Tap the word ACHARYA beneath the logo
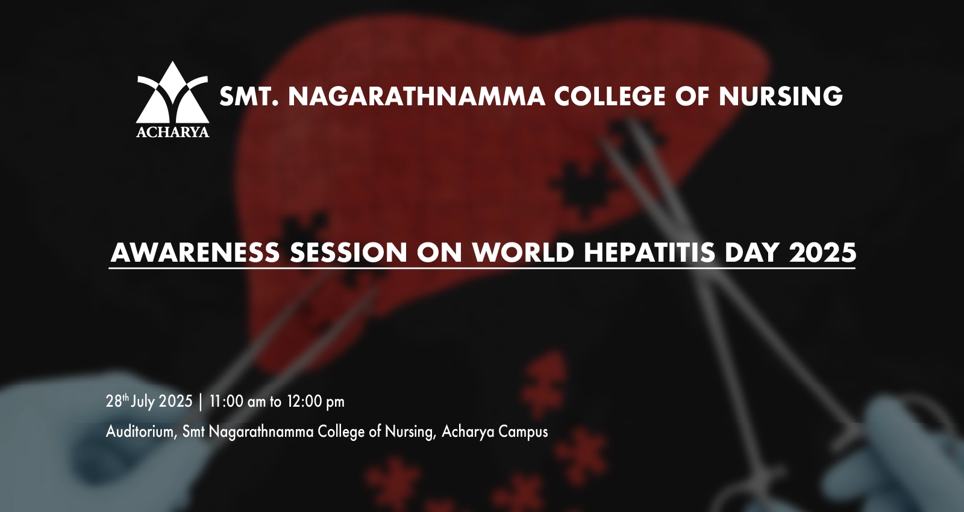[x=172, y=132]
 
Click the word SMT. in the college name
[x=249, y=96]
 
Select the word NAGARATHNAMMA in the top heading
[x=416, y=96]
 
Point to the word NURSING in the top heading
[x=781, y=96]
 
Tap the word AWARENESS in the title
[x=195, y=252]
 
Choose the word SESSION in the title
[x=348, y=252]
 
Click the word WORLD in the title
[x=523, y=252]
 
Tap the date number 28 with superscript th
[x=117, y=401]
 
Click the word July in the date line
[x=143, y=401]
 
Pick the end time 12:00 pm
[x=316, y=401]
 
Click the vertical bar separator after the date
[x=201, y=402]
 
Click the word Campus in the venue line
[x=523, y=432]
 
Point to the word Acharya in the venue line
[x=468, y=432]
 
